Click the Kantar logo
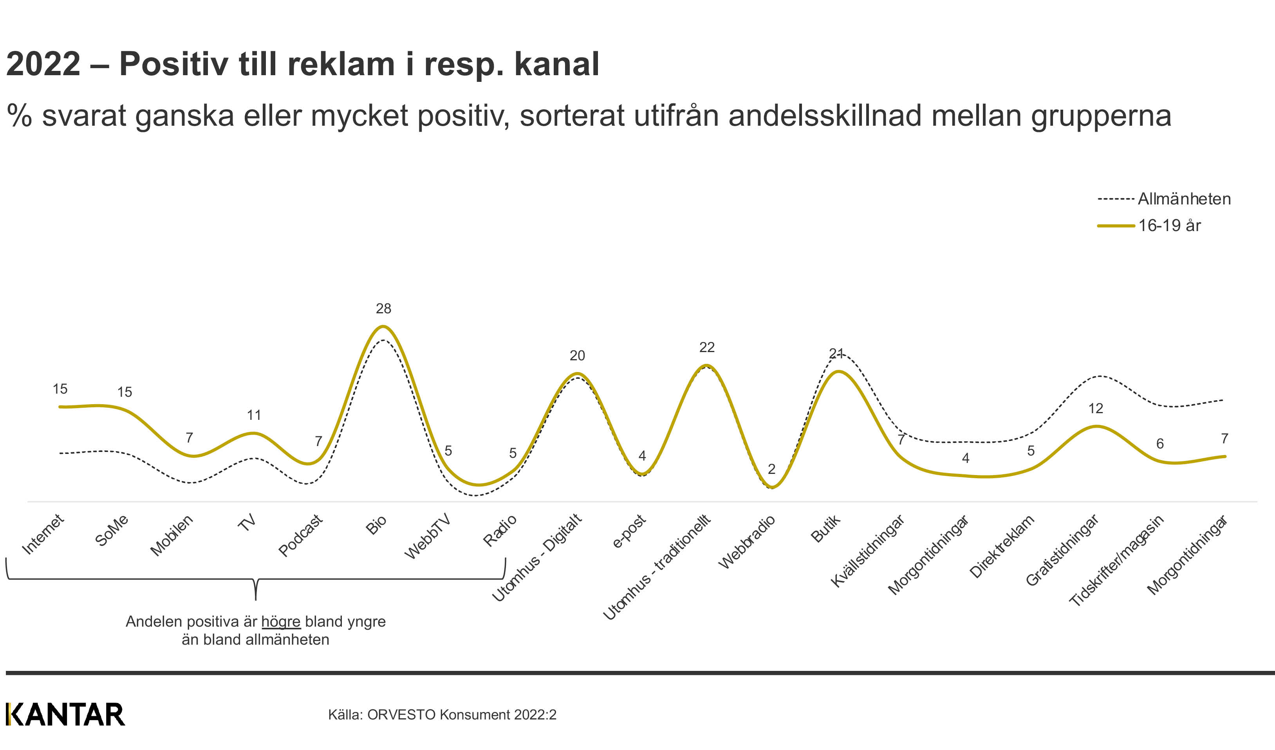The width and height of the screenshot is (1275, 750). point(65,714)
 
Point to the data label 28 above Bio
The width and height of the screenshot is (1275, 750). point(383,308)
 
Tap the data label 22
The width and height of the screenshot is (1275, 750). point(707,347)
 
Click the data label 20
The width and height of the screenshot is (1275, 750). point(577,355)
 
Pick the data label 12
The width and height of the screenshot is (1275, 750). point(1096,408)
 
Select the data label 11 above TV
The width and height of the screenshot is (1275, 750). point(254,415)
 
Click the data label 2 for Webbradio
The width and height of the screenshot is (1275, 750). point(771,469)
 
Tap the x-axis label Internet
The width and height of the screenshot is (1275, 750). point(43,535)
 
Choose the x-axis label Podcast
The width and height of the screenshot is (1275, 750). point(300,535)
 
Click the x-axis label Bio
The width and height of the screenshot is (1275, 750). point(376,525)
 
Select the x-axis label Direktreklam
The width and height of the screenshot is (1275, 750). point(1001,547)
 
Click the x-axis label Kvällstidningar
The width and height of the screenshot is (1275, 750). point(867,551)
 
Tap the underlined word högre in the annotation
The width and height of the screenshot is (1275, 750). point(281,622)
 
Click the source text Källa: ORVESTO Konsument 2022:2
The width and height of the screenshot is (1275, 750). point(442,715)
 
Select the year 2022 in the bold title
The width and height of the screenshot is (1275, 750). point(43,64)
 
